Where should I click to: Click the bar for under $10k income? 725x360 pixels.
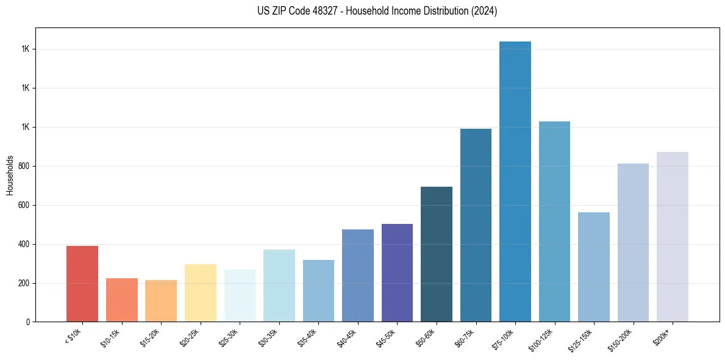tap(82, 284)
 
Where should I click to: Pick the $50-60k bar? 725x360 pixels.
tap(436, 254)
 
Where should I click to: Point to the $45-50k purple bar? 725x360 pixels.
tap(397, 273)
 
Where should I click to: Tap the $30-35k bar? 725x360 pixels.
tap(279, 286)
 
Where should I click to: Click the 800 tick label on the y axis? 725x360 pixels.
tap(24, 166)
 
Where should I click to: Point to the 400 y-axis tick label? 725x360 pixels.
tap(24, 244)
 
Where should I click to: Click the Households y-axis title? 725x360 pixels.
tap(10, 175)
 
